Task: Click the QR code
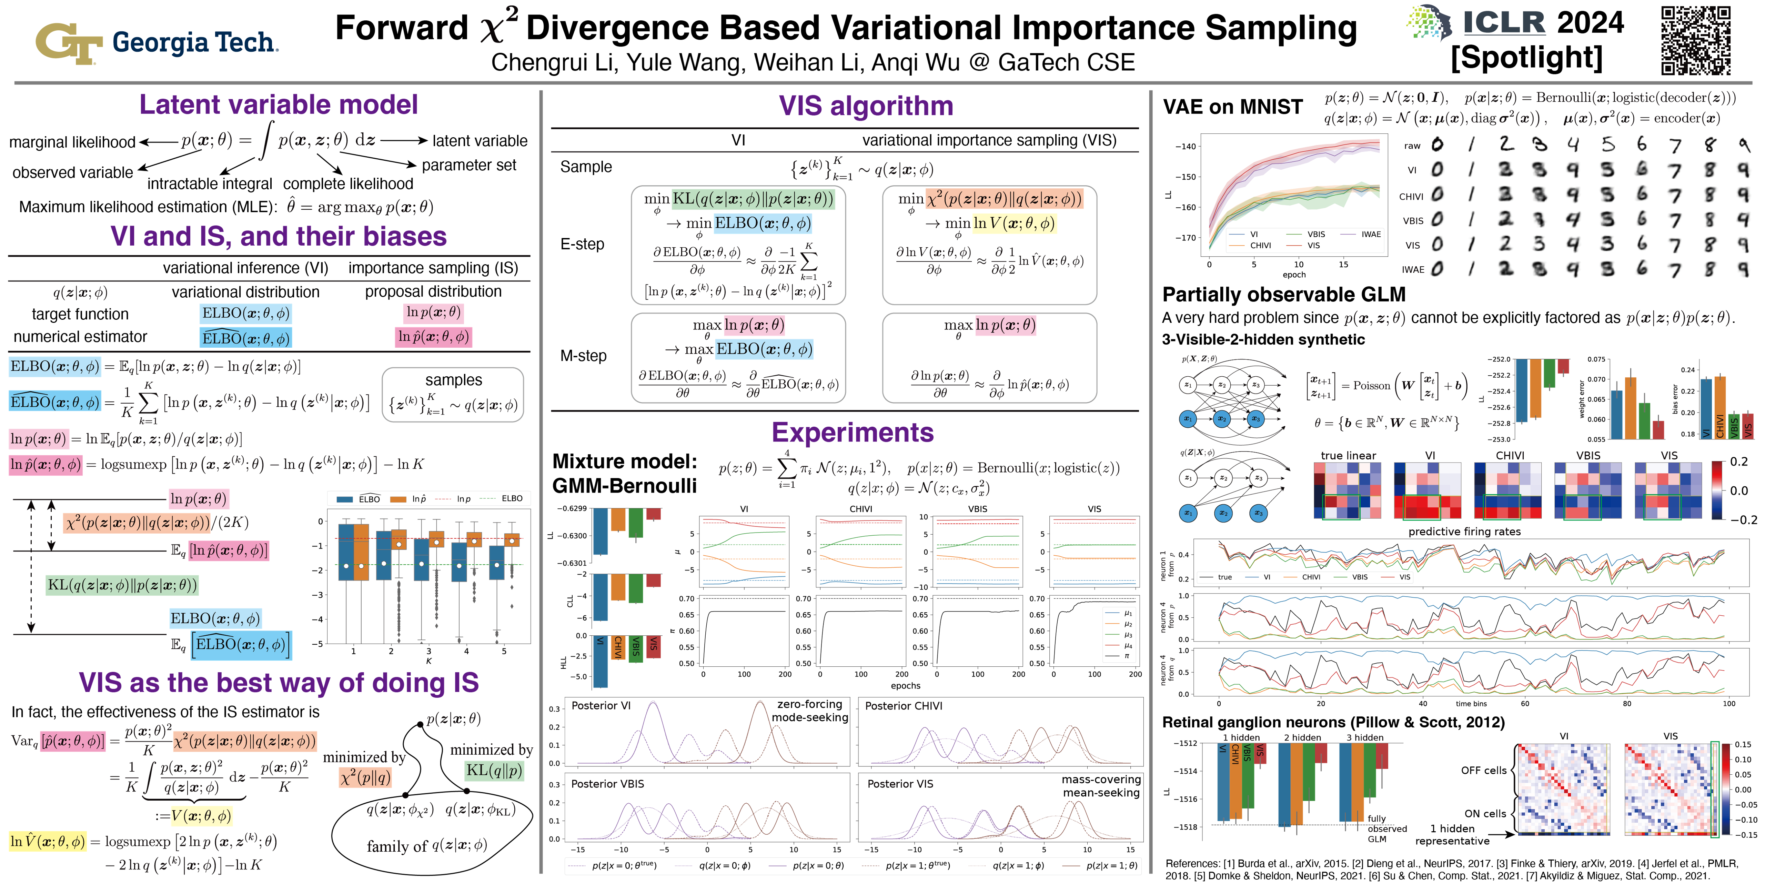pyautogui.click(x=1695, y=40)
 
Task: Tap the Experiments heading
pyautogui.click(x=853, y=433)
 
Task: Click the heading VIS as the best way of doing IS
pyautogui.click(x=278, y=683)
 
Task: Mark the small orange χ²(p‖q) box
pyautogui.click(x=365, y=777)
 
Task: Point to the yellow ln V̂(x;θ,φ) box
pyautogui.click(x=47, y=841)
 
